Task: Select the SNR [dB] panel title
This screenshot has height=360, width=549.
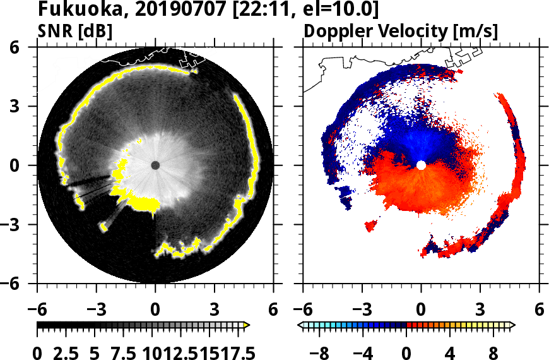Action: tap(76, 31)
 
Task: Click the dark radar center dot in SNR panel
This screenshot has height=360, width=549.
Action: tap(155, 165)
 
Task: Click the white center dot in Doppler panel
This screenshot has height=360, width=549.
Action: tap(421, 165)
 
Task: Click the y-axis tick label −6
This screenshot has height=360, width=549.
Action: tap(14, 283)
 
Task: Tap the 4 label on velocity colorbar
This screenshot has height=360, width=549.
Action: tap(450, 351)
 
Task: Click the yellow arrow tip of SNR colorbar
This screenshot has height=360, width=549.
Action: tap(247, 325)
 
